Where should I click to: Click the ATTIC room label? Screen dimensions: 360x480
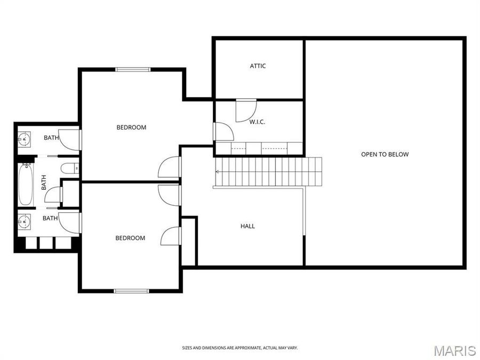pos(258,66)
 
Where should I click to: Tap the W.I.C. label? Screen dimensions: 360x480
pos(257,122)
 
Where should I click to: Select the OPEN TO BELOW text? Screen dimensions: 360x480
pos(385,155)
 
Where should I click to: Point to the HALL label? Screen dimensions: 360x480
pos(247,226)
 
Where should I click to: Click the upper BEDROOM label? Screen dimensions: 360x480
pos(131,127)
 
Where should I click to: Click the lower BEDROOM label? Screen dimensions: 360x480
pos(130,238)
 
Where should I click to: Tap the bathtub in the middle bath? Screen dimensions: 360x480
pos(26,185)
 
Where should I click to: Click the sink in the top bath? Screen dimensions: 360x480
pos(24,140)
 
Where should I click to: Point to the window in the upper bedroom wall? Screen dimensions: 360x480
pos(133,69)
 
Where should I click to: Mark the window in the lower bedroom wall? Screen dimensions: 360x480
pos(131,291)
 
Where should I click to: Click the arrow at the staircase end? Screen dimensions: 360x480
pos(218,171)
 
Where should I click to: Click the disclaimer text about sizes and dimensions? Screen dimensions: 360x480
pos(240,348)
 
